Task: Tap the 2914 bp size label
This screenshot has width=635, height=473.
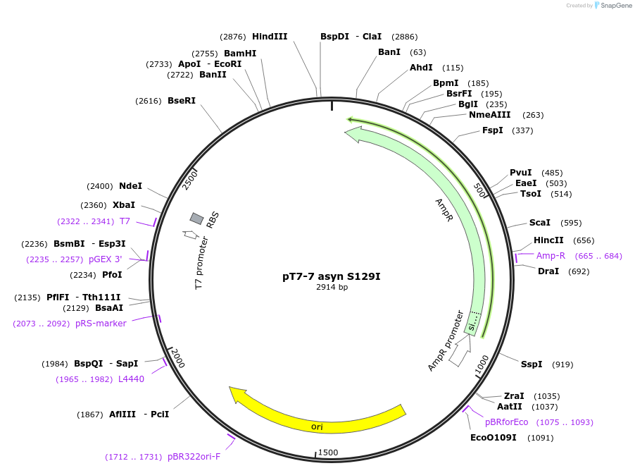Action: [332, 288]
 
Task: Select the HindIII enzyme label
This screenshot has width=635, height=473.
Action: [270, 36]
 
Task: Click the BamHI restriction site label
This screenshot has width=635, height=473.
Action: [240, 53]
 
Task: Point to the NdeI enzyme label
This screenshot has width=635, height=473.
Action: [130, 186]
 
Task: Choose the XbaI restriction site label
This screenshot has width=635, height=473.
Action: [124, 205]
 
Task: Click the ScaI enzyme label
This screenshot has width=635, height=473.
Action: [540, 223]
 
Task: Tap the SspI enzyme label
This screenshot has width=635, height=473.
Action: [532, 364]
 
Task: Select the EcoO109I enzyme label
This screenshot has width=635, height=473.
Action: [493, 438]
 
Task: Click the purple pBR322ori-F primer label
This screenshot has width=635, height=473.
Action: [194, 457]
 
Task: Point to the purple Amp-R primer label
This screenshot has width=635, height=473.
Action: [551, 255]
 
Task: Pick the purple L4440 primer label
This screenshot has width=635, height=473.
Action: [131, 379]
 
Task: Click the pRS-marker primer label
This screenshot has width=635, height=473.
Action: [102, 324]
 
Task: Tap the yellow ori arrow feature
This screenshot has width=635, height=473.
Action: [317, 416]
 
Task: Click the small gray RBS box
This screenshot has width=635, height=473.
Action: [197, 219]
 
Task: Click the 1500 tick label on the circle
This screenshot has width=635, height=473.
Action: [328, 452]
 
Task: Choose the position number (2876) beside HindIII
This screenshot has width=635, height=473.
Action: [232, 36]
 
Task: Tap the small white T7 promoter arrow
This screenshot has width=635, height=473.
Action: [189, 234]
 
